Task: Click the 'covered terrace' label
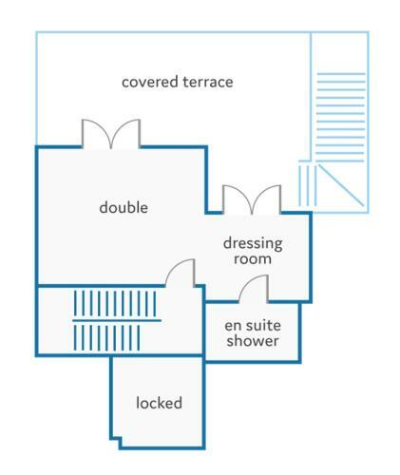pos(178,82)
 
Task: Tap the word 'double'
pos(124,207)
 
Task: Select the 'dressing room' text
pos(253,251)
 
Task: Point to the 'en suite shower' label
pos(253,333)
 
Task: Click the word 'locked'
pos(159,403)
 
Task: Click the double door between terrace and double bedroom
pos(111,134)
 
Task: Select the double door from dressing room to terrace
pos(252,199)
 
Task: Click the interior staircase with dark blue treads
pos(116,320)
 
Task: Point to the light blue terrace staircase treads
pos(341,118)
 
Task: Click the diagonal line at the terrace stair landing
pos(341,185)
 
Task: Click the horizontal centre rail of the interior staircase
pos(117,320)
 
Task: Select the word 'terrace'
pos(208,82)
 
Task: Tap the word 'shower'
pos(253,341)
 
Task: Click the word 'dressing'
pos(253,243)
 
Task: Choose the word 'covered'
pos(150,82)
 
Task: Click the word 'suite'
pos(263,326)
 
